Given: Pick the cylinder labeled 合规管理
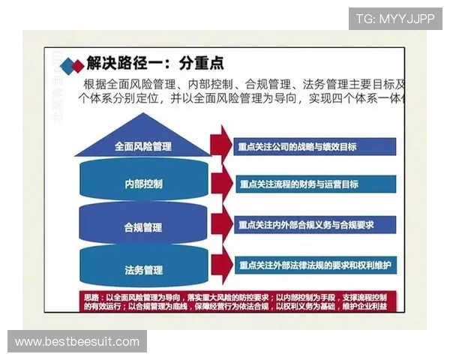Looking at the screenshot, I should (143, 226).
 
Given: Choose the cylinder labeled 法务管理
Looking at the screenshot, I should (143, 268).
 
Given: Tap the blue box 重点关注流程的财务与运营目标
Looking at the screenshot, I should (315, 184).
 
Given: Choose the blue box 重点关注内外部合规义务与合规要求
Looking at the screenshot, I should (315, 224).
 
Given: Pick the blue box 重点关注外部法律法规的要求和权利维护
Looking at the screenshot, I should (315, 265).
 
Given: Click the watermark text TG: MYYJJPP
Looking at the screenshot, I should (394, 19).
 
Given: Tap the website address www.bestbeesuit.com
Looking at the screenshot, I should (77, 342).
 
